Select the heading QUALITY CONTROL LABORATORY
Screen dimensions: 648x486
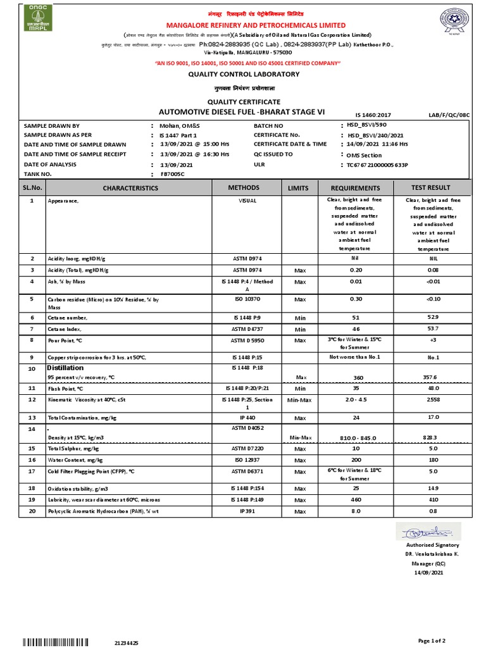point(244,75)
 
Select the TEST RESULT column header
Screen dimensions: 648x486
point(430,188)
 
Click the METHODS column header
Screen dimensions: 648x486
point(244,188)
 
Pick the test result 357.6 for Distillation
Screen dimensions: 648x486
point(430,377)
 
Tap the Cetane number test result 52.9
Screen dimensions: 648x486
point(430,317)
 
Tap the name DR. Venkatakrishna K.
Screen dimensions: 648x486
point(433,554)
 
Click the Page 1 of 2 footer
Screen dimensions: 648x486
point(449,640)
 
